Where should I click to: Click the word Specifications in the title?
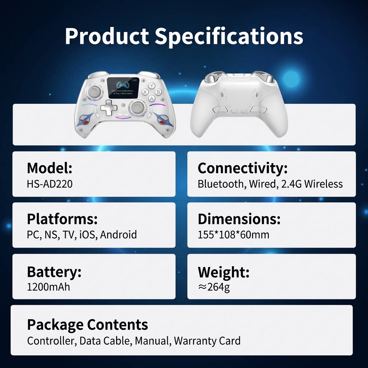229,37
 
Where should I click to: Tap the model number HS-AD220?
50,184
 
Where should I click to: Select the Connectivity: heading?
243,168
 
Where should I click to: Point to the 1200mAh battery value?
49,287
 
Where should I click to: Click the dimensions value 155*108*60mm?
233,235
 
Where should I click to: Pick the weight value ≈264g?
214,287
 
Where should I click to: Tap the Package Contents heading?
87,325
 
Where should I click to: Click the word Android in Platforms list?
118,235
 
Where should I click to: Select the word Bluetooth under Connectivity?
220,184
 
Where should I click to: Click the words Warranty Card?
207,340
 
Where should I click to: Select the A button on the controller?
151,98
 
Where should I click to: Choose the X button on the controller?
145,92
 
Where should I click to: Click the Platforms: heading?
62,219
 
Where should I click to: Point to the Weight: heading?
223,272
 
